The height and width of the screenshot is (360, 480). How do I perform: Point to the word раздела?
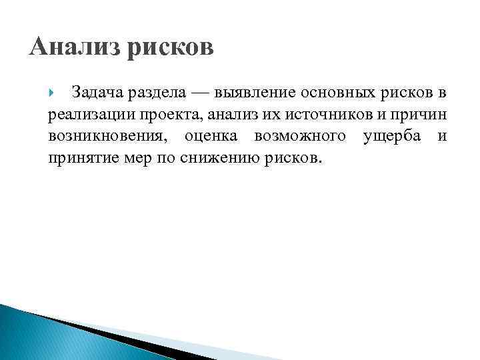162,91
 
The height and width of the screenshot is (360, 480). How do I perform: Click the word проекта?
163,114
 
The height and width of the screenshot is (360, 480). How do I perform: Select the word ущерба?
393,137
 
